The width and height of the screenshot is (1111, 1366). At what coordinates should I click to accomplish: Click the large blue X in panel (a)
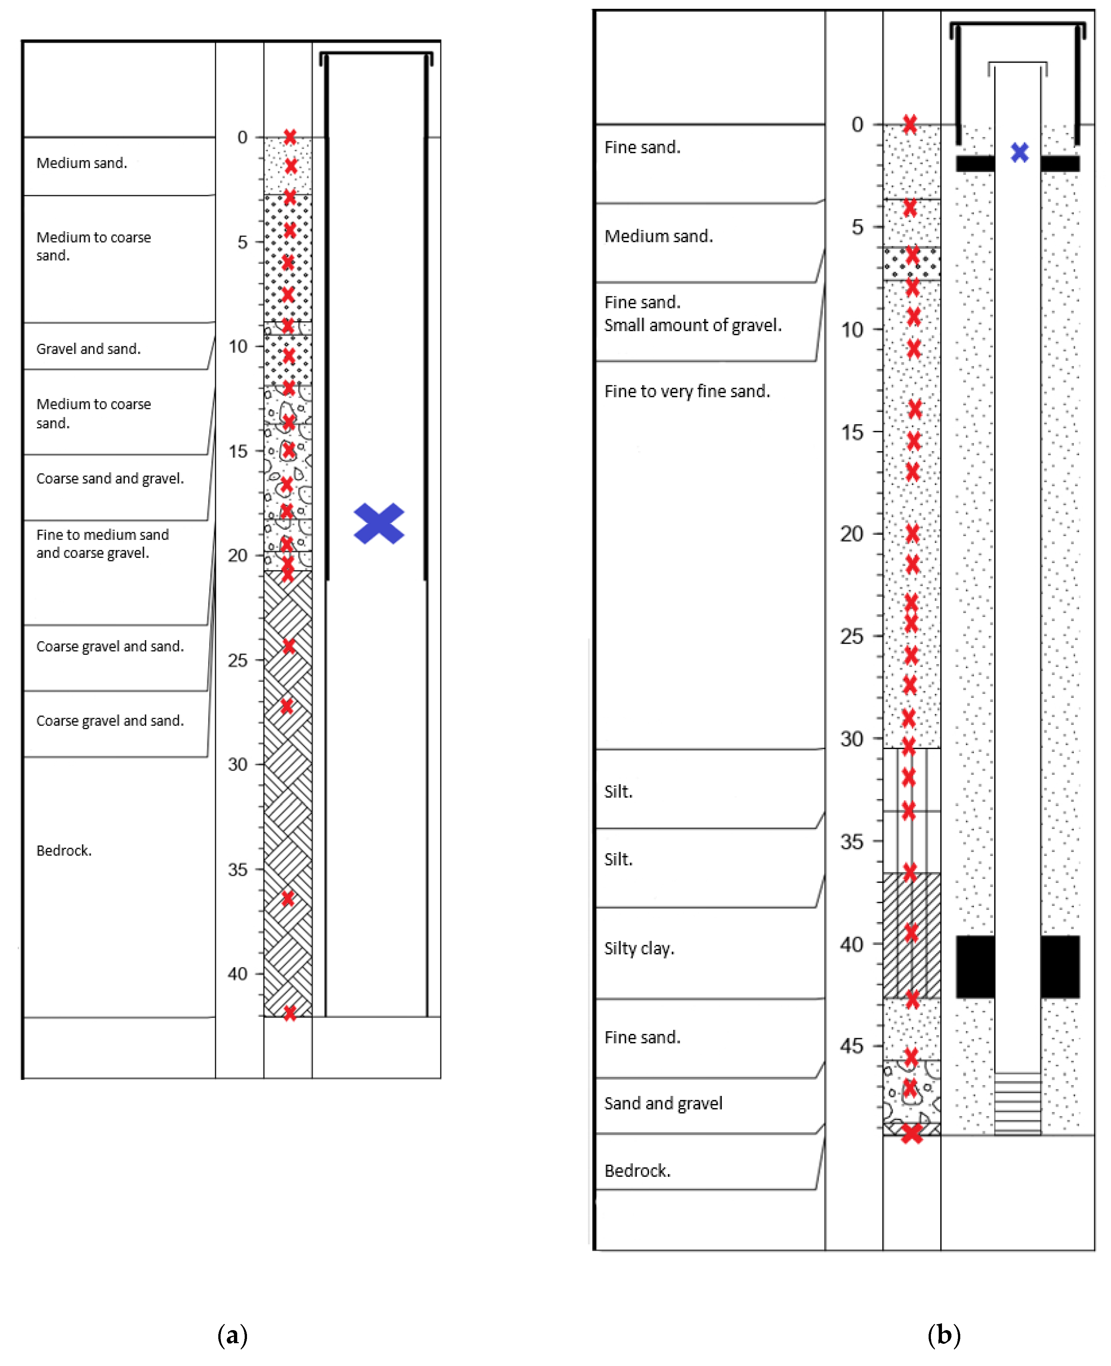coord(379,523)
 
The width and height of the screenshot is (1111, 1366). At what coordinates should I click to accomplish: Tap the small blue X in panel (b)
coord(1020,152)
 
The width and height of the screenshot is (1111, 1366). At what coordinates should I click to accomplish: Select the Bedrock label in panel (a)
coord(64,850)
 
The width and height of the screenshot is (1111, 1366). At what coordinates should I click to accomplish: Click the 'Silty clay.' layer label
coord(639,948)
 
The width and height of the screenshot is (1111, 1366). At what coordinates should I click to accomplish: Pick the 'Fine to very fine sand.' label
coord(687,391)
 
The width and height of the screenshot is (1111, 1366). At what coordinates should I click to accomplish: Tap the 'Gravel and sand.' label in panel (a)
coord(88,349)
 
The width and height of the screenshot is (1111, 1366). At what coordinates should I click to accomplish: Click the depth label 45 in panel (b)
coord(852,1046)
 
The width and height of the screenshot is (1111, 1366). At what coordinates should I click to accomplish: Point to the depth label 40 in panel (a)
coord(238,974)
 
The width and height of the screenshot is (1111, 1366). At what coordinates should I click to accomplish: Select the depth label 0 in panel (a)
coord(242,137)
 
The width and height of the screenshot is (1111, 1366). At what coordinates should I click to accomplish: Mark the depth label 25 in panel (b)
coord(852,636)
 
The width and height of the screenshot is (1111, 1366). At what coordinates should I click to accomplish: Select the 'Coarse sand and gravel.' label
coord(110,479)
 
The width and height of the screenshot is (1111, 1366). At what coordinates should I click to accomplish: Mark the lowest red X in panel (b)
coord(911,1134)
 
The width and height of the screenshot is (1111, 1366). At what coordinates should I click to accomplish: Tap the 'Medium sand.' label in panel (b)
coord(658,236)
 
